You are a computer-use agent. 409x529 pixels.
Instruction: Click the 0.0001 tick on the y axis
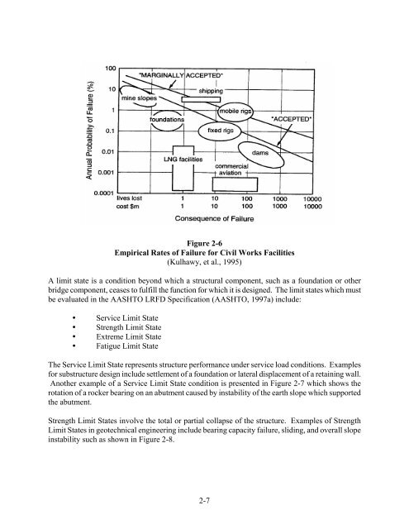[105, 193]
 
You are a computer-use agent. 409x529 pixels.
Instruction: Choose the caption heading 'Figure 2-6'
[204, 245]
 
